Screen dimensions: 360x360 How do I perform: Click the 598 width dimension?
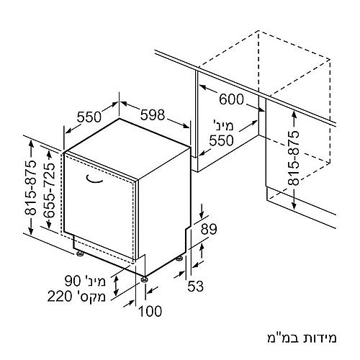(x=153, y=114)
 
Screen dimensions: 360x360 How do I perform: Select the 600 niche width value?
(x=231, y=99)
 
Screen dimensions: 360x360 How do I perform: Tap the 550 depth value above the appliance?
(x=89, y=117)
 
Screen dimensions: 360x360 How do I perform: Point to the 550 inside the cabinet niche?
(x=221, y=140)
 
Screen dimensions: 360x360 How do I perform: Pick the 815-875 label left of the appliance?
(x=31, y=187)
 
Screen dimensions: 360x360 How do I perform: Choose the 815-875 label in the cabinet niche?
(x=294, y=158)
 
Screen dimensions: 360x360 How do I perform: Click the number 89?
(x=209, y=229)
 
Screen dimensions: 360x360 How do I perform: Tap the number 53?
(x=195, y=286)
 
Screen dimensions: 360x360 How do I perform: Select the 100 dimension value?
(x=150, y=311)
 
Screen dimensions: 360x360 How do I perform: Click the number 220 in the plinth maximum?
(x=60, y=297)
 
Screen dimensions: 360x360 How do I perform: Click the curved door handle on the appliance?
(x=94, y=180)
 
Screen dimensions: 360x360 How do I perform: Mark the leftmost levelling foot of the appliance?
(x=79, y=253)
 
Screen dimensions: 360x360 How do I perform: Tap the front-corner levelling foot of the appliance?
(x=144, y=279)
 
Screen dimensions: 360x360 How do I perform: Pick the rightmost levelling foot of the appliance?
(x=179, y=258)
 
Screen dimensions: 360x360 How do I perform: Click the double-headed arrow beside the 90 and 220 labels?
(x=116, y=286)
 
